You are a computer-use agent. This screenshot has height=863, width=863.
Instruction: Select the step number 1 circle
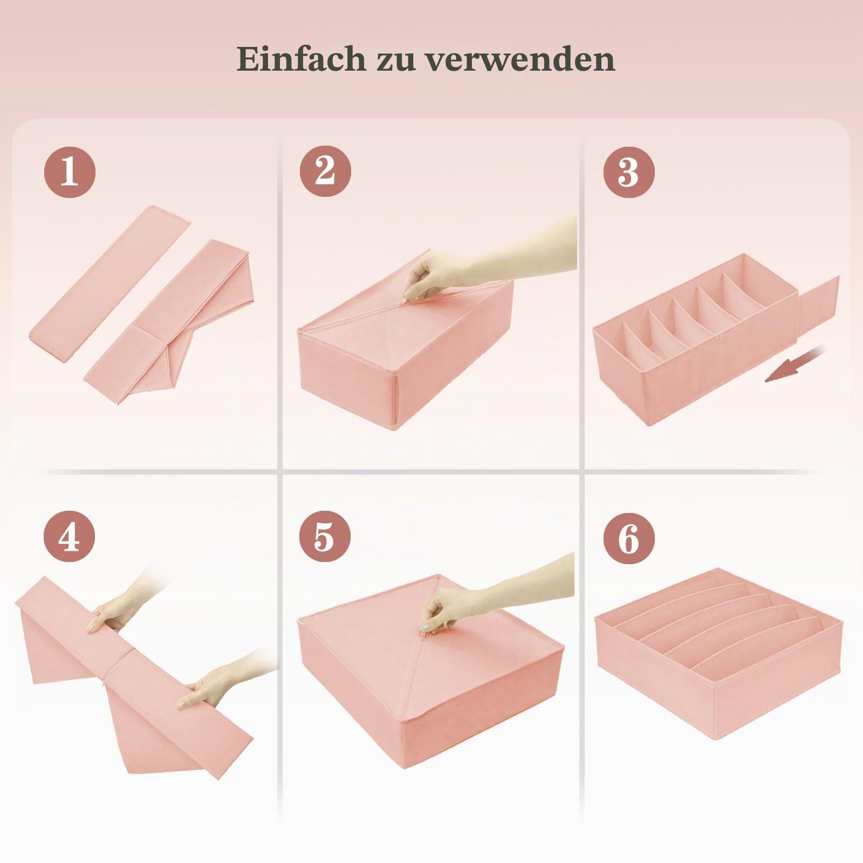70,172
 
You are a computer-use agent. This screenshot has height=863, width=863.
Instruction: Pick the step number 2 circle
325,172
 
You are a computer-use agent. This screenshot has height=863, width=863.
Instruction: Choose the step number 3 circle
629,172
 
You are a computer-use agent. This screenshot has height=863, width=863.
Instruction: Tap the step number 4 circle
70,538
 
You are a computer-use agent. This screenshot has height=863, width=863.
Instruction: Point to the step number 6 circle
629,538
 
